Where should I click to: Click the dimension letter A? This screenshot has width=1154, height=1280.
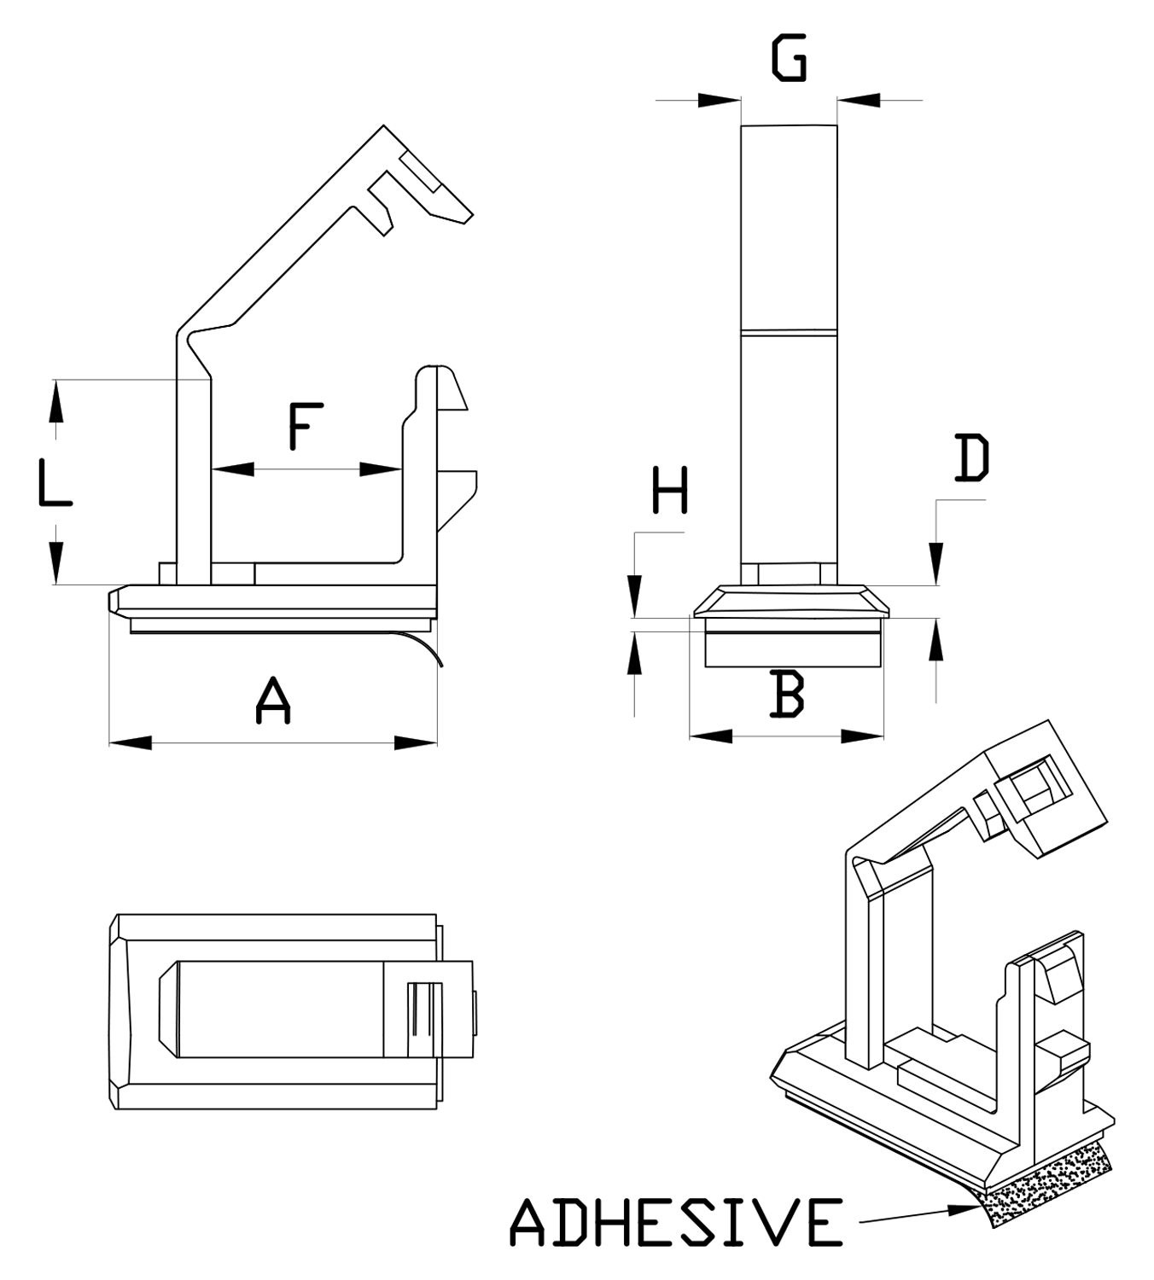273,701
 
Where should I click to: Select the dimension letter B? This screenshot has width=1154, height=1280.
786,694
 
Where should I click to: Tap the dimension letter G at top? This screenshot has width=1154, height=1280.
789,59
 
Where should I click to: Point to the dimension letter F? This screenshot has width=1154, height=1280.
305,427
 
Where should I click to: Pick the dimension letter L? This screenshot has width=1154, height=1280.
55,482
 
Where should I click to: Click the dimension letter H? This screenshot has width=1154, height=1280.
670,491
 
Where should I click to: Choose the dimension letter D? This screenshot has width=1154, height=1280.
971,458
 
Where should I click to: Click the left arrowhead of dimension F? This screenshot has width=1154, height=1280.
232,468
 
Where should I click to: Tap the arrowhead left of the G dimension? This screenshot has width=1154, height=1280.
719,101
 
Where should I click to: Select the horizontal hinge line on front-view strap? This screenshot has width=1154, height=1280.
789,331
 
